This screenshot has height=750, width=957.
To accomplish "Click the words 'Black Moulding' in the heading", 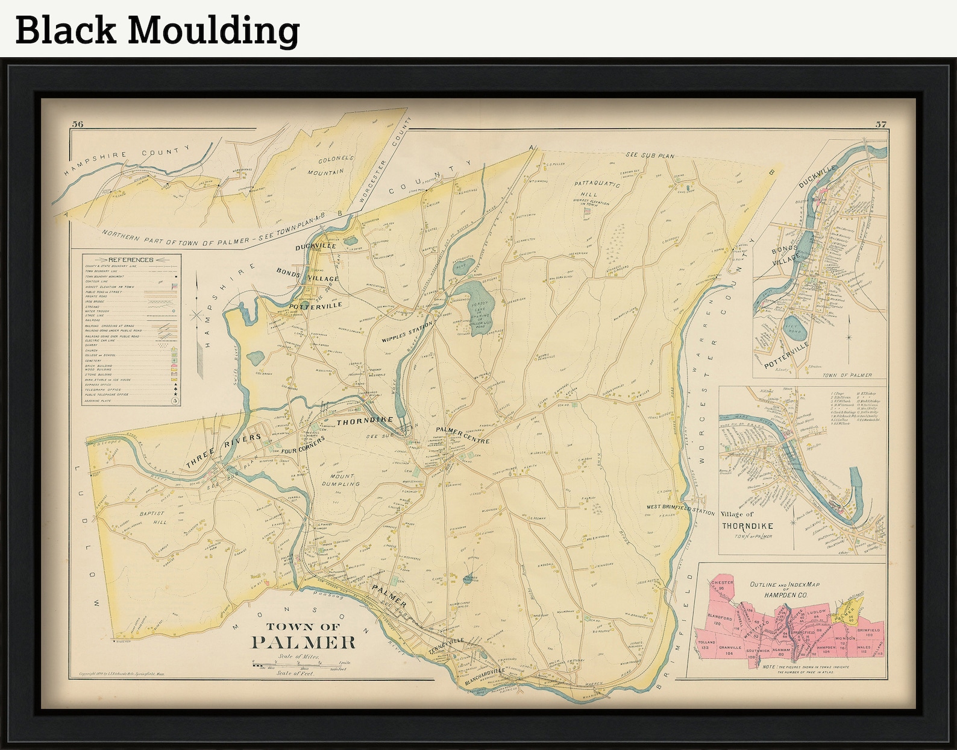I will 157,30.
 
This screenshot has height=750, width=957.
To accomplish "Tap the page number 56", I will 77,125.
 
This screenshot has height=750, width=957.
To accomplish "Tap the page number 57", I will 880,125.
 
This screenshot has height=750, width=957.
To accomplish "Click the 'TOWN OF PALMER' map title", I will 303,637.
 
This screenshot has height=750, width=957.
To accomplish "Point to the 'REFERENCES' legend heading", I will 131,260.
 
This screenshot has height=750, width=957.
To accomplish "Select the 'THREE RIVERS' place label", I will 224,451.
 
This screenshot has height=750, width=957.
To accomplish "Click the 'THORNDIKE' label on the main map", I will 365,420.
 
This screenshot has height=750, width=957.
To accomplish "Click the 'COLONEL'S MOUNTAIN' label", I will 328,165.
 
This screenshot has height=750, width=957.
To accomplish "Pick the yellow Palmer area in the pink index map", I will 847,610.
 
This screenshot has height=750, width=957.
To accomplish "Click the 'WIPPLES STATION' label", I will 407,333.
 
